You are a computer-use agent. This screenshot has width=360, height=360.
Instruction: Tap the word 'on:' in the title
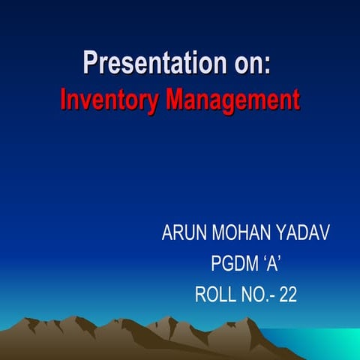pyautogui.click(x=243, y=62)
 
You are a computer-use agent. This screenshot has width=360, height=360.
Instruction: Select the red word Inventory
pyautogui.click(x=107, y=100)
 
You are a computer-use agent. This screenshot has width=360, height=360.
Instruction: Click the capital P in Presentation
pyautogui.click(x=91, y=62)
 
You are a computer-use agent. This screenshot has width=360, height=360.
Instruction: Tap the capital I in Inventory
pyautogui.click(x=63, y=100)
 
